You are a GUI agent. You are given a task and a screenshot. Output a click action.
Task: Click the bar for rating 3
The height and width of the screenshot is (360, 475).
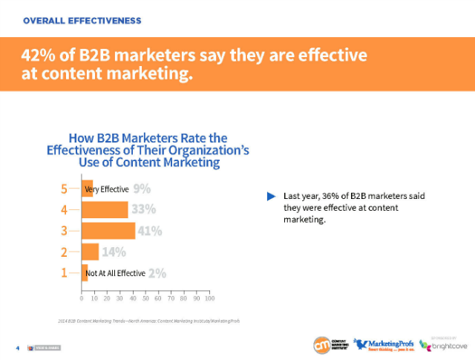108,231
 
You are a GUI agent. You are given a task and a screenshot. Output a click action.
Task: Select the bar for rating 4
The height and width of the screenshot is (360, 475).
104,210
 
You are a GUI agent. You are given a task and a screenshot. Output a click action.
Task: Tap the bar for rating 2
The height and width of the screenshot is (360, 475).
90,252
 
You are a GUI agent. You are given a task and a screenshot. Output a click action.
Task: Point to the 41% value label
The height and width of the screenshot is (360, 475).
150,231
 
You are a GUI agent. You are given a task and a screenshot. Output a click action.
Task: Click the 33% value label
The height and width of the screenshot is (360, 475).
142,210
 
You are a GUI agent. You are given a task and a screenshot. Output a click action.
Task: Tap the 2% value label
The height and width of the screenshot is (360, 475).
157,273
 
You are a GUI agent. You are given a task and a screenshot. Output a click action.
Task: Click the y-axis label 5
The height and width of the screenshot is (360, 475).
65,189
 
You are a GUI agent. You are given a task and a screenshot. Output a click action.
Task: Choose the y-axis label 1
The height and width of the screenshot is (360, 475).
65,273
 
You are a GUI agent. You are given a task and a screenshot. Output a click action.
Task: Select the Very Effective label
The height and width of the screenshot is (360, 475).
108,189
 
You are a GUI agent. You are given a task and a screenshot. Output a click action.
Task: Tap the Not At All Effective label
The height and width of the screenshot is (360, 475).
115,273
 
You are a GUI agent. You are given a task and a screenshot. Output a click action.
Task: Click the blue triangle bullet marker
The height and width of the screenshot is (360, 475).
271,196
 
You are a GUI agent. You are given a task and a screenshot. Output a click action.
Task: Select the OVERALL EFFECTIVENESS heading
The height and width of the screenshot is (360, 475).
82,20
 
